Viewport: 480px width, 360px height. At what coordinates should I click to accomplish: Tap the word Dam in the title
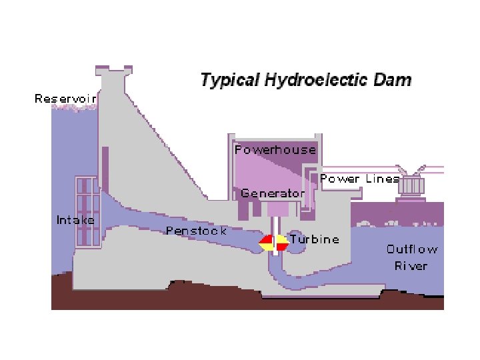(395, 81)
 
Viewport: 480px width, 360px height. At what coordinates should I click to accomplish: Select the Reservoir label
(65, 99)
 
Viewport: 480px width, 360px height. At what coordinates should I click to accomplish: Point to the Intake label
(75, 219)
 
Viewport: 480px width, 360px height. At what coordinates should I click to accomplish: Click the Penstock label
(196, 231)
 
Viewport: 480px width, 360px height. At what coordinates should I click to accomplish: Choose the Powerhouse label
(275, 150)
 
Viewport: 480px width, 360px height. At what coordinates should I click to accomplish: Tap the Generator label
(272, 193)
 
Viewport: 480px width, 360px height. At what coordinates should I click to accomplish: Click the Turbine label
(314, 239)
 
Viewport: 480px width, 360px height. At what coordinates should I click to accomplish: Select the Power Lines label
(359, 179)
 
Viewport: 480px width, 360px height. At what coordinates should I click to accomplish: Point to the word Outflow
(412, 249)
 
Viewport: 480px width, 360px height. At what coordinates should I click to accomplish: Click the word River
(411, 265)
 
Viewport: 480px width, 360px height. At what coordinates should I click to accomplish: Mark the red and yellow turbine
(273, 243)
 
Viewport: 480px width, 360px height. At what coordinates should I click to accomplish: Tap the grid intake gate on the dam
(85, 211)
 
